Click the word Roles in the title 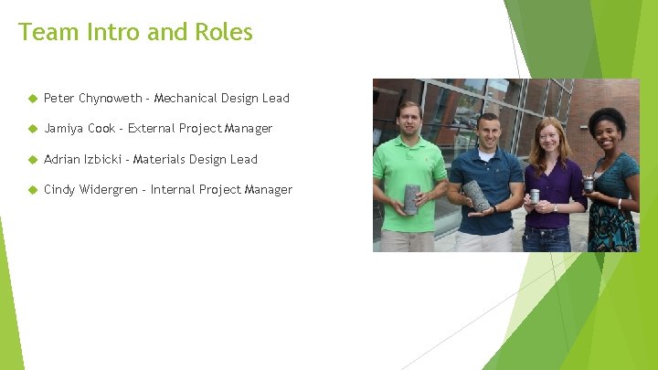point(223,32)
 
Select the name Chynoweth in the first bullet point(111,98)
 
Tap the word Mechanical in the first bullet point(186,98)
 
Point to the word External point(154,129)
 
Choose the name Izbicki point(105,159)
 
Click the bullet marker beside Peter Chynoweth point(30,98)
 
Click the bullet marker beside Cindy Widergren point(30,190)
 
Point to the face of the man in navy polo point(486,130)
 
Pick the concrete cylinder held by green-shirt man point(412,198)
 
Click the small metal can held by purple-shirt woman point(536,196)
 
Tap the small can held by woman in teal point(589,184)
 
